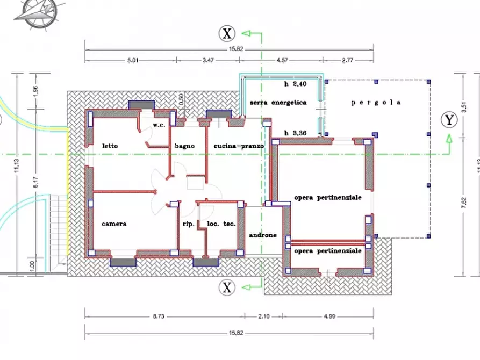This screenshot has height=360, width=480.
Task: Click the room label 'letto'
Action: click(x=110, y=146)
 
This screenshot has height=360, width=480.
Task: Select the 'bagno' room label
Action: click(x=184, y=146)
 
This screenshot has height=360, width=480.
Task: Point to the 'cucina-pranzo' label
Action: click(x=238, y=146)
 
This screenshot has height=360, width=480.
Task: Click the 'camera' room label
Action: click(x=114, y=224)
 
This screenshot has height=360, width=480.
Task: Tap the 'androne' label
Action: click(x=263, y=235)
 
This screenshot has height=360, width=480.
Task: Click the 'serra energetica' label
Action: click(x=278, y=102)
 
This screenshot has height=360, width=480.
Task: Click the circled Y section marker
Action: click(x=449, y=120)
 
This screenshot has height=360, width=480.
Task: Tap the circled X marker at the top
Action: click(x=227, y=33)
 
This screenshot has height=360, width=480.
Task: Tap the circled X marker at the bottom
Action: click(x=227, y=288)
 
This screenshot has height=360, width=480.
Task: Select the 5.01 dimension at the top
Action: click(x=133, y=61)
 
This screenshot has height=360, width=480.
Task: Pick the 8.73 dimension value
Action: click(x=158, y=316)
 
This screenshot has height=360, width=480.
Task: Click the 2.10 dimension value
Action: click(x=263, y=316)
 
